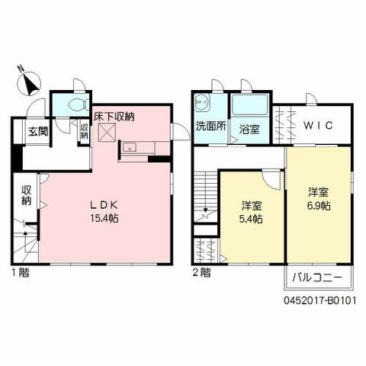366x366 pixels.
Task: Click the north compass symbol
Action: click(x=29, y=83)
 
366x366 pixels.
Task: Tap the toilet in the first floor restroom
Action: click(x=79, y=104)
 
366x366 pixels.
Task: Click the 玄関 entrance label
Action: click(x=38, y=131)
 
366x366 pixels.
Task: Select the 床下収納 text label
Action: click(x=114, y=117)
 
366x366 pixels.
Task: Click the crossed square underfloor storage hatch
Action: click(x=107, y=132)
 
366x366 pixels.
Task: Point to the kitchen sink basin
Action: click(x=130, y=147)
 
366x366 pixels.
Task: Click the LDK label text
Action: click(x=104, y=205)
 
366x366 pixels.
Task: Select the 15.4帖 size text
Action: click(x=104, y=218)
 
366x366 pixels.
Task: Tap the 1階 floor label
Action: click(x=21, y=273)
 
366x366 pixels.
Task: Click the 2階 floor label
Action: click(x=201, y=273)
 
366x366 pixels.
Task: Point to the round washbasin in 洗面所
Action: click(x=202, y=102)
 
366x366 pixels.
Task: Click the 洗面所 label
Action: click(x=210, y=126)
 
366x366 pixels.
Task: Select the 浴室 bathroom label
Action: click(x=249, y=130)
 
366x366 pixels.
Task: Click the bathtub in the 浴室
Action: click(x=250, y=104)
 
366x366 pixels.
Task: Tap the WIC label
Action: click(x=318, y=125)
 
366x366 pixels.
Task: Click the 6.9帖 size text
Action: click(x=319, y=206)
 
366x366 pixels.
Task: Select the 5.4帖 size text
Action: click(x=251, y=219)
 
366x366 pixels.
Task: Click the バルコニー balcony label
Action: click(x=318, y=278)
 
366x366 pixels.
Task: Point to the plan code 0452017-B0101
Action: click(x=319, y=301)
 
